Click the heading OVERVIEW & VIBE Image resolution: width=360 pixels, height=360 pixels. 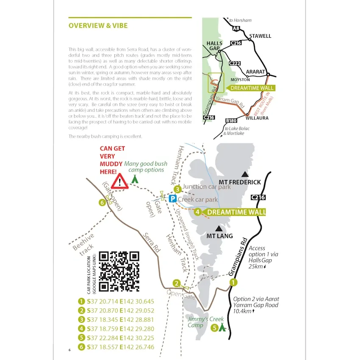pyautogui.click(x=98, y=25)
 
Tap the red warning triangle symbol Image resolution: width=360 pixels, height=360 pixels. pyautogui.click(x=121, y=181)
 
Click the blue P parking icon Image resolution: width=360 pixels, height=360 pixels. pyautogui.click(x=172, y=199)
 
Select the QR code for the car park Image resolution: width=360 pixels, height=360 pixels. pyautogui.click(x=119, y=271)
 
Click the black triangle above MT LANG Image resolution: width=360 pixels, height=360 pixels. pyautogui.click(x=219, y=228)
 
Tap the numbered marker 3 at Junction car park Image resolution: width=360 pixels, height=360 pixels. pyautogui.click(x=177, y=189)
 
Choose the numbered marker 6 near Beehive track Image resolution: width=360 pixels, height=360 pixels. pyautogui.click(x=102, y=202)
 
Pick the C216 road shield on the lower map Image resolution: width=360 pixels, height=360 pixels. pyautogui.click(x=258, y=197)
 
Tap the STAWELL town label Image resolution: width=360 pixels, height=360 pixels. pyautogui.click(x=260, y=36)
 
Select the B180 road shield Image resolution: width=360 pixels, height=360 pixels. pyautogui.click(x=231, y=121)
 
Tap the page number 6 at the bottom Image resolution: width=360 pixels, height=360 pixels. pyautogui.click(x=69, y=349)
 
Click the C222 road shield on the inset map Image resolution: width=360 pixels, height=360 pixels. pyautogui.click(x=234, y=63)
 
